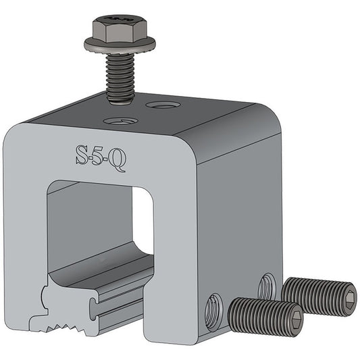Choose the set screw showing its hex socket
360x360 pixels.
(317, 296)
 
